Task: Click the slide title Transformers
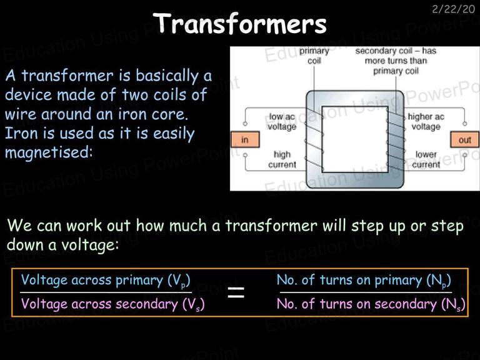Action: pos(240,23)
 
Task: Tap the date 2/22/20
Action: pos(453,9)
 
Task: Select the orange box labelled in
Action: pos(245,139)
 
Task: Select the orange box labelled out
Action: pos(464,139)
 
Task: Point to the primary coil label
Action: pos(314,56)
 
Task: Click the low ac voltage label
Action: pos(282,121)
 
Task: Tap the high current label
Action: pos(282,159)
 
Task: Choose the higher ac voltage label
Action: pos(426,121)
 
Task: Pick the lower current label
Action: pos(426,159)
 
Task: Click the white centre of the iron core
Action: pos(355,139)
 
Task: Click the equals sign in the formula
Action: pos(236,292)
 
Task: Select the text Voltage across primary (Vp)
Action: pos(106,281)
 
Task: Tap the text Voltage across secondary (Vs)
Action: pos(112,304)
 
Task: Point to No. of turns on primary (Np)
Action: pos(364,281)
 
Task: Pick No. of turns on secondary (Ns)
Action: pos(371,304)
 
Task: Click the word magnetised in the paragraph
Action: pos(48,152)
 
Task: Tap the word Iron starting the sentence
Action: pos(18,133)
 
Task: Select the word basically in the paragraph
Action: pos(167,76)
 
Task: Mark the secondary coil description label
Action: pos(396,61)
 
